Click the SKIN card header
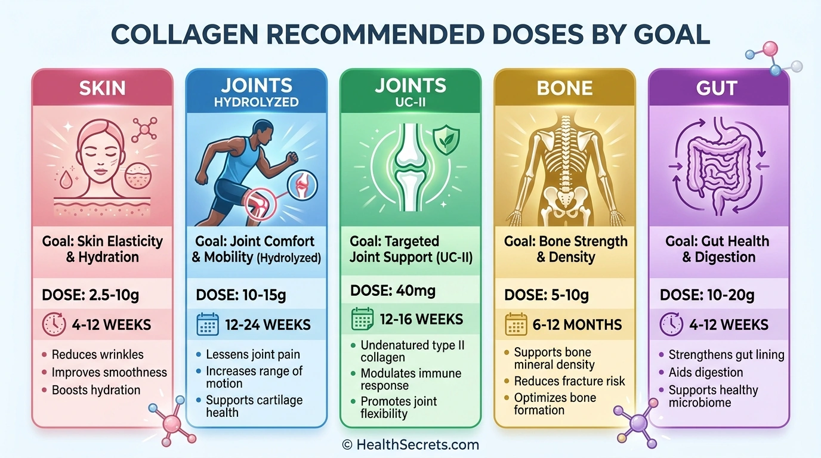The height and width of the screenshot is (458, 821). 102,88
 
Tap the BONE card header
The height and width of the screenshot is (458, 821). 564,88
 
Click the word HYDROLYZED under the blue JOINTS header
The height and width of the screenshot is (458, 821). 256,102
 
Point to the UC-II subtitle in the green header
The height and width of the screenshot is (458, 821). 410,102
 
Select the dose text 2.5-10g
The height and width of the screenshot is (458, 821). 113,295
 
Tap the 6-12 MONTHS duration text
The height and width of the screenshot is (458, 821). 578,324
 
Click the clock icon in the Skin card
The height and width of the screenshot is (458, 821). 54,324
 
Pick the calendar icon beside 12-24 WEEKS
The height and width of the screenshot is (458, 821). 208,324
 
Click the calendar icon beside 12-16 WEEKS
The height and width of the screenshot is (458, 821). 363,319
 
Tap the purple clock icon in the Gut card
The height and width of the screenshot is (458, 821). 671,324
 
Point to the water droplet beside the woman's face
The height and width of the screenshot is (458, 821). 66,180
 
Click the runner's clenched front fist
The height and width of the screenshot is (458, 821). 292,158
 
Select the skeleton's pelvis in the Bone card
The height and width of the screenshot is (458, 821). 565,200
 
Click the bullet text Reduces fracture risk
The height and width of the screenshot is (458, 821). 569,381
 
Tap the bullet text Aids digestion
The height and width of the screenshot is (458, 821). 705,372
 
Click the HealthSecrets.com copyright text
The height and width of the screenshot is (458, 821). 410,445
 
